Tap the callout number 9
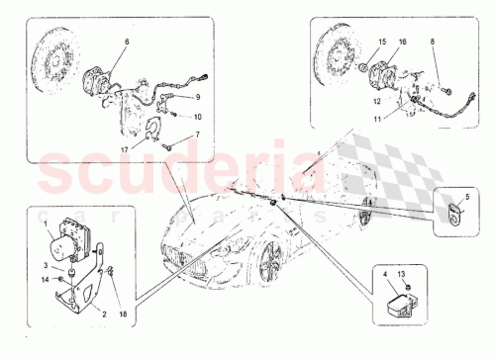(197, 96)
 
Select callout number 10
(197, 116)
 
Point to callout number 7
(196, 134)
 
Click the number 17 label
(125, 150)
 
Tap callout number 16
(402, 42)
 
